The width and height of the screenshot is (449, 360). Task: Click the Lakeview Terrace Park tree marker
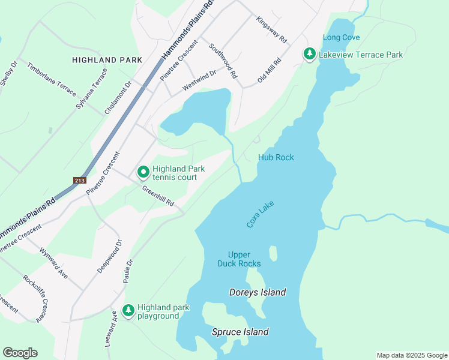(310, 55)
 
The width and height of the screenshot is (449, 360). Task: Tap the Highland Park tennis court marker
(143, 173)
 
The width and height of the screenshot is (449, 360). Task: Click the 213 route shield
(80, 180)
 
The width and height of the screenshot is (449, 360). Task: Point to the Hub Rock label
(276, 157)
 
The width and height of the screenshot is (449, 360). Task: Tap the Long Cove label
(341, 37)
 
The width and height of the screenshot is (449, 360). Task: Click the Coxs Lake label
(260, 214)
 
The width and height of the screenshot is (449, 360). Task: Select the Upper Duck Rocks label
(239, 259)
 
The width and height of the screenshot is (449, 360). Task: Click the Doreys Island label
(258, 293)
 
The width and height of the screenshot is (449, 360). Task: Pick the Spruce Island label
(240, 332)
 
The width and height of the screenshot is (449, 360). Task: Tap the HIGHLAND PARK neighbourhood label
(107, 60)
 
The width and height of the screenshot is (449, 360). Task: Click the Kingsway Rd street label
(272, 29)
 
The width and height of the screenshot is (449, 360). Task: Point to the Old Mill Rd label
(270, 71)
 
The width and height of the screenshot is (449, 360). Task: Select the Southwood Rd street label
(223, 61)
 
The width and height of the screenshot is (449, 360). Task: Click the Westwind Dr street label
(199, 81)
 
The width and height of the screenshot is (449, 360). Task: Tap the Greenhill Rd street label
(158, 196)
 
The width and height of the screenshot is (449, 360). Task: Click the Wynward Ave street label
(54, 263)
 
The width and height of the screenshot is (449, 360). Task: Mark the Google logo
(20, 353)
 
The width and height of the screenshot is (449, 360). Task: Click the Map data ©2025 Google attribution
(411, 355)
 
